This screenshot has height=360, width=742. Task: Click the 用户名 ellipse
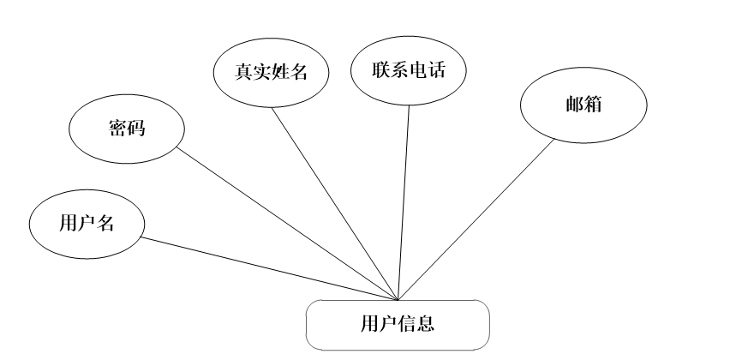click(x=87, y=225)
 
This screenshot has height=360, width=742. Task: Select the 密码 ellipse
click(x=126, y=129)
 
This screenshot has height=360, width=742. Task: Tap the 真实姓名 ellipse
click(x=272, y=72)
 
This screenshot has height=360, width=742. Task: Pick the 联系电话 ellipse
click(x=409, y=71)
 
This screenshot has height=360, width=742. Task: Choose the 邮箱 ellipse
click(x=583, y=104)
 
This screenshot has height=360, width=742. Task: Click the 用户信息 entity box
click(x=398, y=325)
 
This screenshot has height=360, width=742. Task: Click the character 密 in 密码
click(x=117, y=129)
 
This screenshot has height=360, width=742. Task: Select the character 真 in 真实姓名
click(x=244, y=72)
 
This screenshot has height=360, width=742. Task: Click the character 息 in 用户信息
click(x=426, y=325)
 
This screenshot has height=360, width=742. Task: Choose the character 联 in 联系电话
click(x=381, y=71)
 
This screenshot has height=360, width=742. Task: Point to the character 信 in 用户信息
click(x=407, y=325)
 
